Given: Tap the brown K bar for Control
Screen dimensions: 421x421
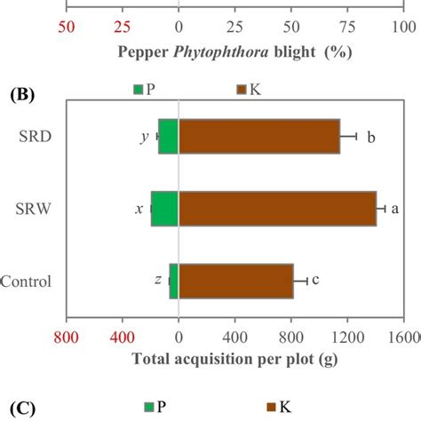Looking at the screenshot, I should point(235,281).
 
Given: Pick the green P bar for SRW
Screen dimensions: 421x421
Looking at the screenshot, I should point(165,209).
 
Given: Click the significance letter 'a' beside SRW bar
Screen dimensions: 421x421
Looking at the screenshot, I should point(395,209).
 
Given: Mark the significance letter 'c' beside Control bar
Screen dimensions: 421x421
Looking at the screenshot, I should point(315,280).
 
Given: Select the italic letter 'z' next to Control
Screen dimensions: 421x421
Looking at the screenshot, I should point(157,280).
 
